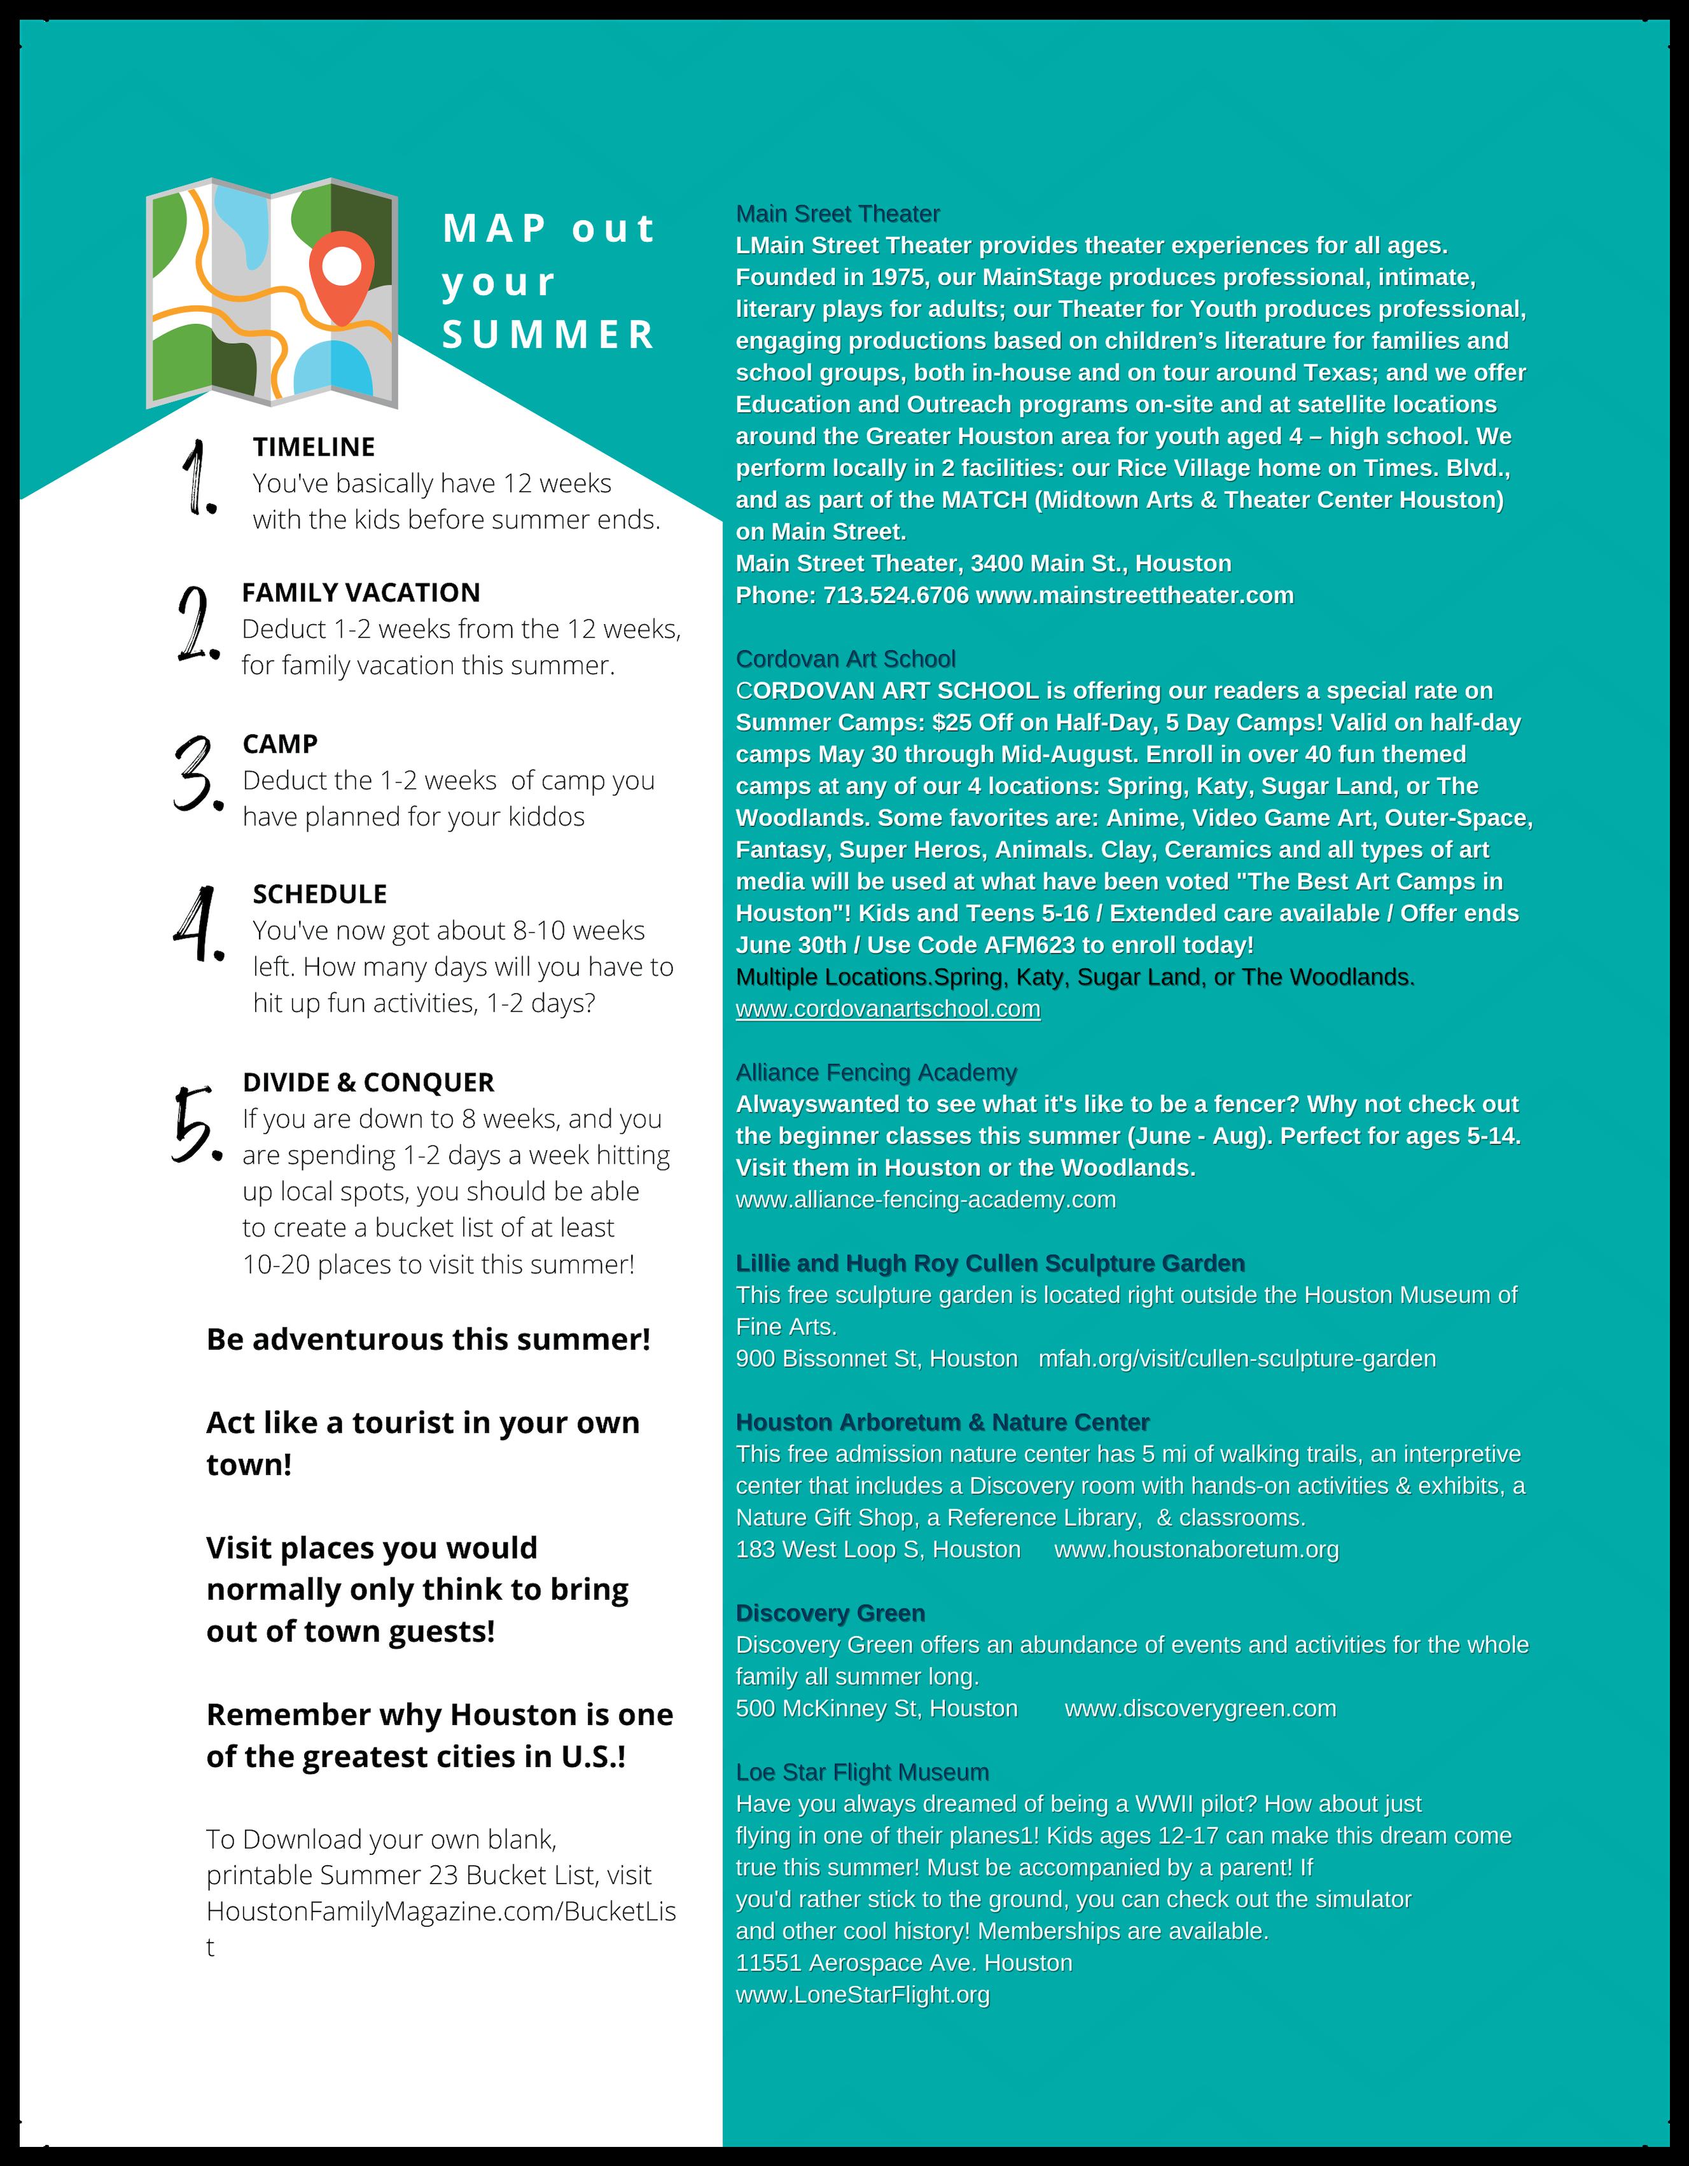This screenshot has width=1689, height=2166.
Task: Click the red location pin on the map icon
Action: pos(341,275)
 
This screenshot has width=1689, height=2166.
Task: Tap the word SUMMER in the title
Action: pos(549,335)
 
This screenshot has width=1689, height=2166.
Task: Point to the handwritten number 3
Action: pos(195,774)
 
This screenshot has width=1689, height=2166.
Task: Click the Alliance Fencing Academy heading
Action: pos(876,1072)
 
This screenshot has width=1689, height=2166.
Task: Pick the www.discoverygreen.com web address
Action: pos(1200,1708)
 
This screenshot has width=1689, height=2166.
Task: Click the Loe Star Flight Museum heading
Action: pos(862,1771)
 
